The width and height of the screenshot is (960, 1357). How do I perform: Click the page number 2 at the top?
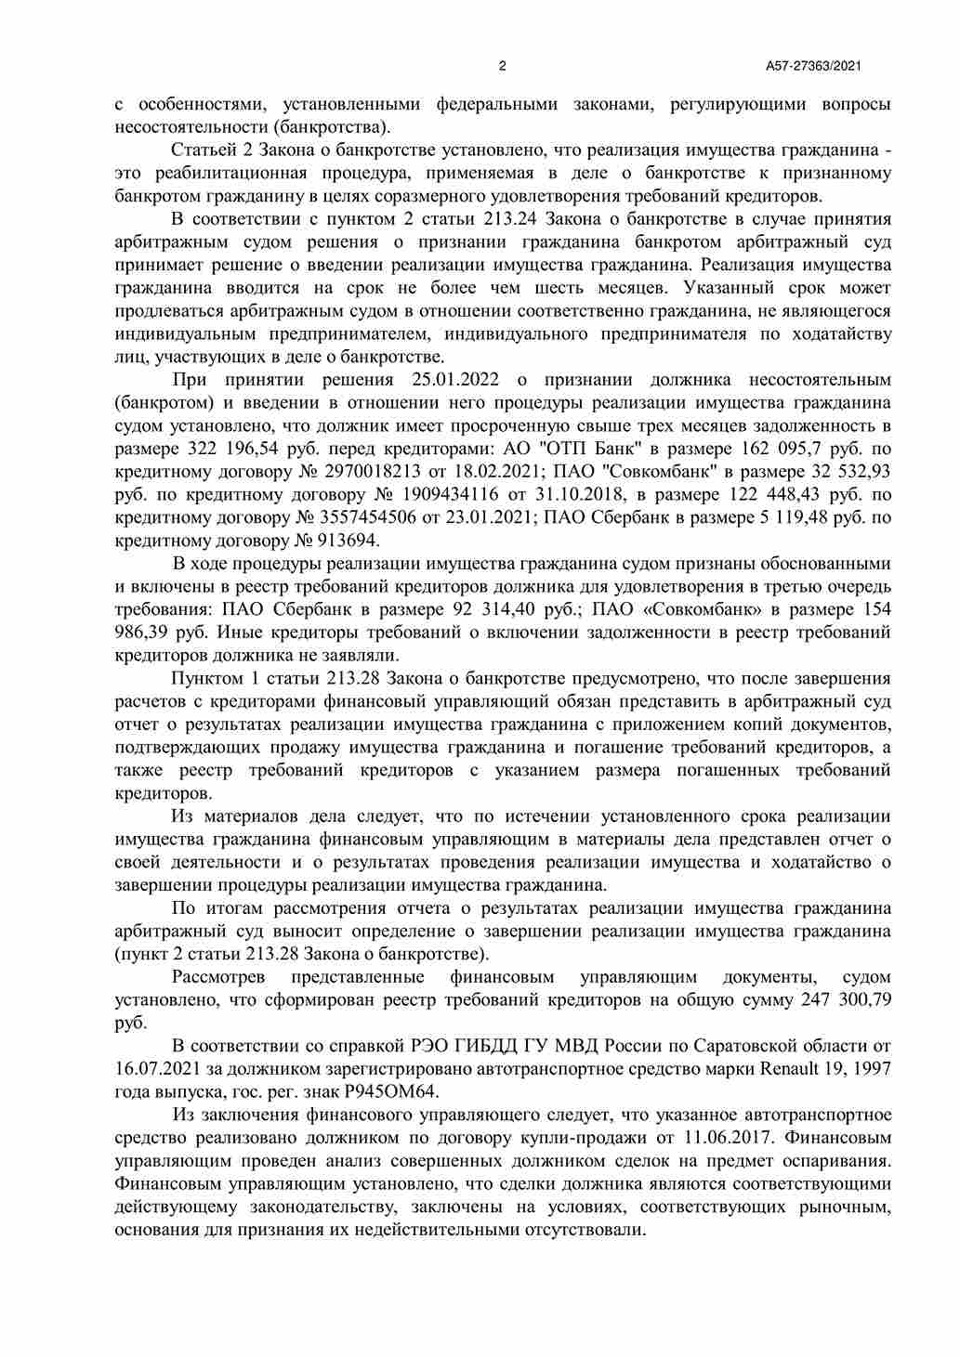click(x=503, y=66)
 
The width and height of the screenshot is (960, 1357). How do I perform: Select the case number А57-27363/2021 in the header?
click(x=813, y=66)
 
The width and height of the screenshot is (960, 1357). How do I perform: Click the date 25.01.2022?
click(x=454, y=380)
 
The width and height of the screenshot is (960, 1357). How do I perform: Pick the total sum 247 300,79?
click(x=846, y=1000)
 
